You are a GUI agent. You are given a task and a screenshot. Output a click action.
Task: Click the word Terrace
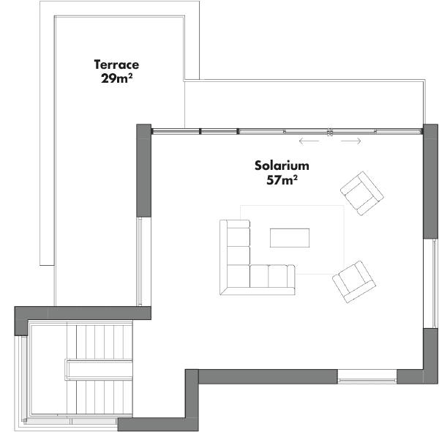pyautogui.click(x=116, y=64)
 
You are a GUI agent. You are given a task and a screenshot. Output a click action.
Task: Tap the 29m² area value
pyautogui.click(x=116, y=78)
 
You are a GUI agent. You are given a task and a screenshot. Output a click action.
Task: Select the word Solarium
pyautogui.click(x=282, y=165)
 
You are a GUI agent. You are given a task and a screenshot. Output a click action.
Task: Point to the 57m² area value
pyautogui.click(x=282, y=179)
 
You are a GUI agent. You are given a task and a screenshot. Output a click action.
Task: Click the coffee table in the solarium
pyautogui.click(x=290, y=238)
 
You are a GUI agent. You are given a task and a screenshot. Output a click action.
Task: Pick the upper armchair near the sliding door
pyautogui.click(x=362, y=193)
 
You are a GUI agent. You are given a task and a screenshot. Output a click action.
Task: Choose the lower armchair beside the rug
pyautogui.click(x=354, y=282)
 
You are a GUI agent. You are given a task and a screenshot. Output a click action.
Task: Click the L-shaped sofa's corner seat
pyautogui.click(x=238, y=276)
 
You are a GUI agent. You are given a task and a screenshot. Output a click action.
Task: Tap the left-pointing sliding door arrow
pyautogui.click(x=309, y=141)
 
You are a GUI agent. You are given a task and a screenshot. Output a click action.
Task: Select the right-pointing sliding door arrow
pyautogui.click(x=351, y=141)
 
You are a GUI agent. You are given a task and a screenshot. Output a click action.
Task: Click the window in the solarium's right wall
pyautogui.click(x=431, y=283)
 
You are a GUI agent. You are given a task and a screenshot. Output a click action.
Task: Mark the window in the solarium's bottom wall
pyautogui.click(x=367, y=377)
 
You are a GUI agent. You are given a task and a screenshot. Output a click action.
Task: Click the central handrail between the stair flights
pyautogui.click(x=99, y=370)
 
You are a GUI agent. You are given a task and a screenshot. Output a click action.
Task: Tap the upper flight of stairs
pyautogui.click(x=100, y=341)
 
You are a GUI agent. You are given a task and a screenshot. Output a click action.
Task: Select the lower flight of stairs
pyautogui.click(x=100, y=397)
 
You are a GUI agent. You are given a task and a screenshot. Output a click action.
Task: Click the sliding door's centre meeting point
pyautogui.click(x=330, y=132)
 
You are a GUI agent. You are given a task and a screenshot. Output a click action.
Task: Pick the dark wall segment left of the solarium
pyautogui.click(x=143, y=171)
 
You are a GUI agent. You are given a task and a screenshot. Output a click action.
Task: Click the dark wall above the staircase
pyautogui.click(x=83, y=313)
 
